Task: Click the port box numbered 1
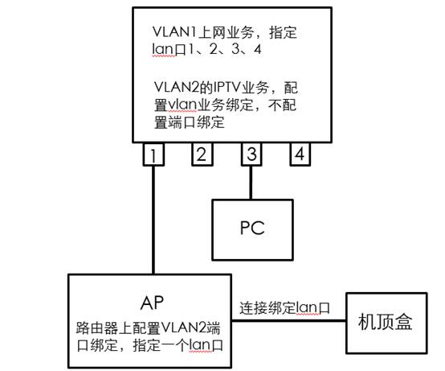(x=153, y=154)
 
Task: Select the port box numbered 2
(x=202, y=154)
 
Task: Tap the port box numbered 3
(x=251, y=154)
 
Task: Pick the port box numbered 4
(x=300, y=154)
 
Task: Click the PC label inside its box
(x=252, y=228)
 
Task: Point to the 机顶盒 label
(x=385, y=322)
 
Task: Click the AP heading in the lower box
(x=152, y=303)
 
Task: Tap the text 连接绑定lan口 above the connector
(x=284, y=308)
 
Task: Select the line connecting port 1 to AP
(x=153, y=220)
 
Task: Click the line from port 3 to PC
(x=251, y=183)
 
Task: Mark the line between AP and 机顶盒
(x=289, y=321)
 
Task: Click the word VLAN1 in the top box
(x=174, y=31)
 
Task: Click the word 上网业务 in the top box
(x=225, y=32)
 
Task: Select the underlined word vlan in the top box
(x=182, y=105)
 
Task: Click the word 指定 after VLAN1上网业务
(x=283, y=32)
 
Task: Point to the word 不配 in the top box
(x=283, y=105)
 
